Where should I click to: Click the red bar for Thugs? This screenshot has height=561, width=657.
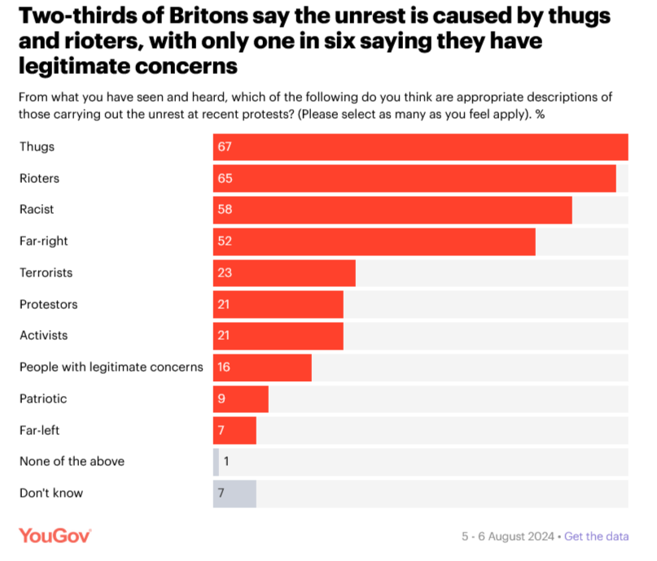tap(420, 147)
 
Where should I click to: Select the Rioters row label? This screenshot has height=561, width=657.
tap(39, 178)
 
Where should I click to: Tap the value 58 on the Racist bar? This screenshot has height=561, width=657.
tap(225, 210)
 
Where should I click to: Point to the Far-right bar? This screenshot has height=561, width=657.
tap(374, 241)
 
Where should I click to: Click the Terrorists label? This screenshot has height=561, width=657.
tap(46, 272)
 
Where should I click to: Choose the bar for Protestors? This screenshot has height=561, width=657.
tap(278, 304)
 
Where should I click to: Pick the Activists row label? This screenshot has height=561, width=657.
tap(43, 335)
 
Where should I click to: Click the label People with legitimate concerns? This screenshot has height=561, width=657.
tap(111, 367)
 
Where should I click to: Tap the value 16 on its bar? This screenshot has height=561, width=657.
tap(224, 367)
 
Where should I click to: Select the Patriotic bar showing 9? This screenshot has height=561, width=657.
tap(241, 399)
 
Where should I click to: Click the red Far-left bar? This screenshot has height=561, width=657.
tap(234, 430)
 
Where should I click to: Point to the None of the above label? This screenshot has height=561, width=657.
tap(72, 461)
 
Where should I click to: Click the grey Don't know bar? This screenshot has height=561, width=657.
tap(234, 494)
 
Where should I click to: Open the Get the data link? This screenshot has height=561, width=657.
tap(596, 537)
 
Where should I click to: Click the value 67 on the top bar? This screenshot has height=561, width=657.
tap(225, 147)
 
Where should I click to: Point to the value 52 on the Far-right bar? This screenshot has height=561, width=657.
tap(225, 241)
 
